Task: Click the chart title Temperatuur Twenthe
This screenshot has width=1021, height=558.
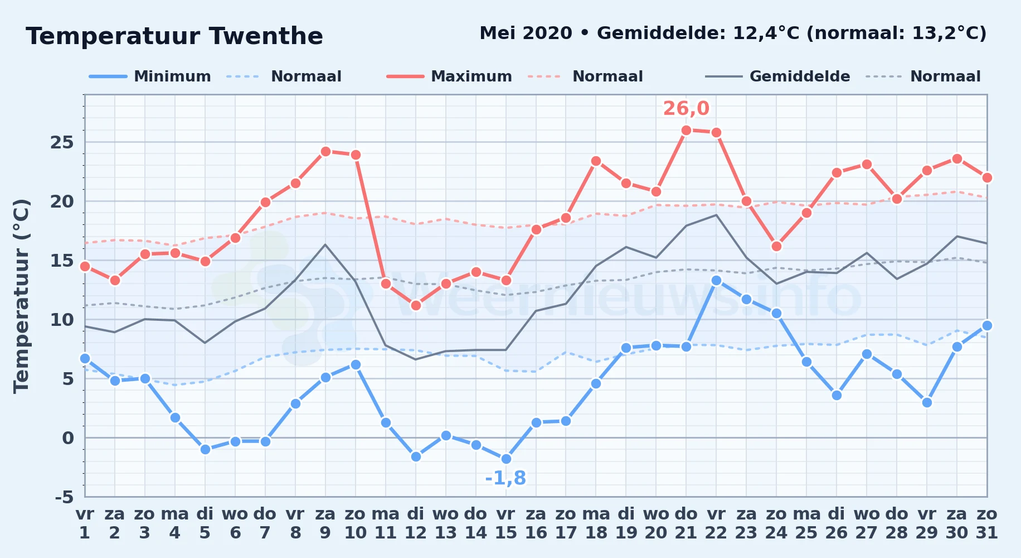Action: click(174, 36)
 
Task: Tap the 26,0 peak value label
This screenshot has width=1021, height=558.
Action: click(686, 108)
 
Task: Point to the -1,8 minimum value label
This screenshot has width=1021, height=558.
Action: click(505, 478)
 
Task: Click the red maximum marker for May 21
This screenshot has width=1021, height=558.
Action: click(686, 130)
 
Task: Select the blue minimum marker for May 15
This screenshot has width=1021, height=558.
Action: click(506, 459)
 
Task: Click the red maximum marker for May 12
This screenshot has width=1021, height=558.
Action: click(416, 305)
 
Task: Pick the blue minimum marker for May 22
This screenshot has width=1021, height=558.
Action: click(716, 280)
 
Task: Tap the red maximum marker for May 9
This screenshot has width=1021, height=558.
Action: click(325, 151)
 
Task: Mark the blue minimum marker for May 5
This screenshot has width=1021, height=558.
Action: click(205, 449)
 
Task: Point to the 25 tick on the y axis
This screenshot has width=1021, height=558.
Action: click(62, 142)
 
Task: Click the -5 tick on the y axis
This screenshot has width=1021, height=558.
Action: click(64, 497)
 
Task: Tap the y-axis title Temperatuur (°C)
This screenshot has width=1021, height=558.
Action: click(21, 296)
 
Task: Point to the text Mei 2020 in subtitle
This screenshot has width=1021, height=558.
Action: click(526, 33)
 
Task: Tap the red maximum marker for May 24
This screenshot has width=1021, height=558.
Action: click(776, 246)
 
